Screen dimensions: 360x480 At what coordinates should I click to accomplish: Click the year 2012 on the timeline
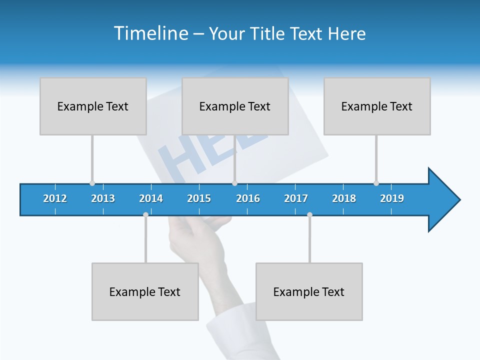[55, 198]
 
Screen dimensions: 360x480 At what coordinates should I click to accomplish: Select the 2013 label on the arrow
[103, 198]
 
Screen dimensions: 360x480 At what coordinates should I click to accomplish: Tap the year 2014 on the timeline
[151, 198]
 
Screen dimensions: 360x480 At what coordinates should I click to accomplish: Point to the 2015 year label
[199, 198]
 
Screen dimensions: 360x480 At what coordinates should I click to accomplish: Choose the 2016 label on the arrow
[248, 198]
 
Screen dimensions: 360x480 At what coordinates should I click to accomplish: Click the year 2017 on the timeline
[296, 198]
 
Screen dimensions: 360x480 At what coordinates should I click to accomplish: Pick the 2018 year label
[344, 198]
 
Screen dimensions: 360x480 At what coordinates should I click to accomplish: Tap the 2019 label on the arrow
[392, 198]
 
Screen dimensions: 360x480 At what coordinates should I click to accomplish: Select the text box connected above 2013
[93, 106]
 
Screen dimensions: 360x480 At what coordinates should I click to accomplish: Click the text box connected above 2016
[235, 106]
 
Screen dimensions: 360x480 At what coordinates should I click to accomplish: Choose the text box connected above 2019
[377, 106]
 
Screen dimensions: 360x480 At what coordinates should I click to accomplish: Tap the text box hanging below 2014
[145, 291]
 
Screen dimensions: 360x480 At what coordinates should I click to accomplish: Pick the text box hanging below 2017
[309, 291]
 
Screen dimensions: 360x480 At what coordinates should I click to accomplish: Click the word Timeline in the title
[150, 33]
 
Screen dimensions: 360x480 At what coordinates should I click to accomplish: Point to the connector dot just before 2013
[92, 183]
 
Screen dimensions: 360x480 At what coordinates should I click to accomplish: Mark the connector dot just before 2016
[234, 183]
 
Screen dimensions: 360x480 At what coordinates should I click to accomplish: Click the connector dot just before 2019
[376, 183]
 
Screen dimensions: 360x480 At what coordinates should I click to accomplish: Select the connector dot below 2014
[145, 214]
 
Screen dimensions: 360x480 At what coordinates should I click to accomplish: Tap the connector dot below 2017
[309, 214]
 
